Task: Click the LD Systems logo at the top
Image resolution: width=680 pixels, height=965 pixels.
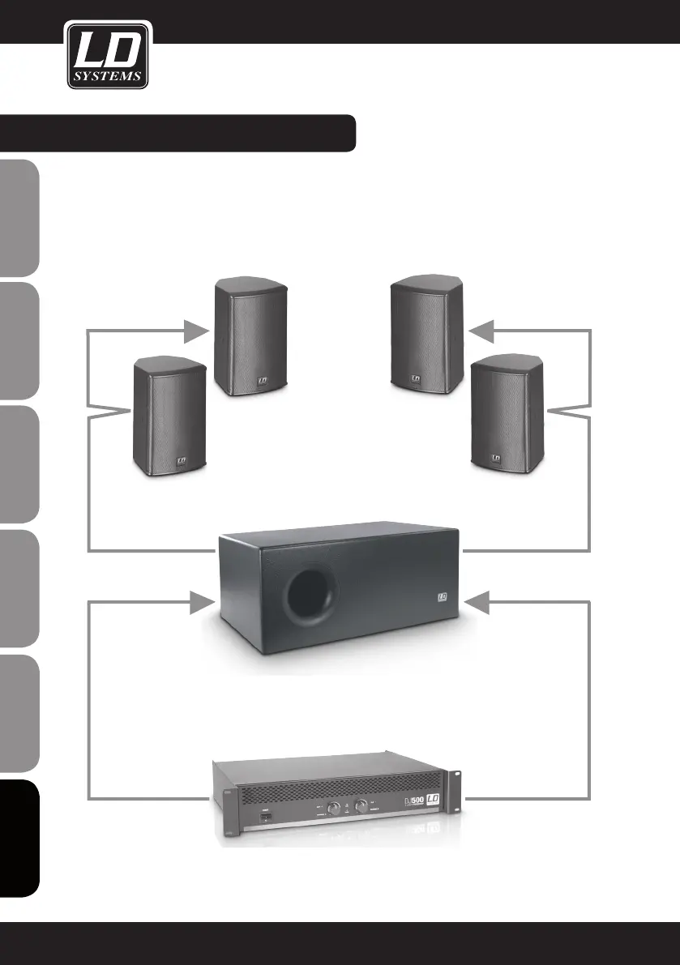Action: click(108, 56)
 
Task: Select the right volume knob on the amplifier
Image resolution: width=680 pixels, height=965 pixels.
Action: click(359, 808)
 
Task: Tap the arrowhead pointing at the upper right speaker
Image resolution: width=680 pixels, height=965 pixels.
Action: click(483, 331)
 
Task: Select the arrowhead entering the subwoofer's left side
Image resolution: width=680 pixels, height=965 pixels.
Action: click(199, 602)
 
